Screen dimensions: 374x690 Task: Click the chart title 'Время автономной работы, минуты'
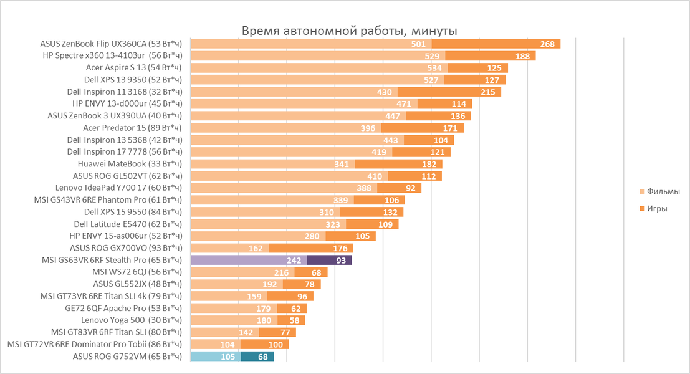[x=350, y=31]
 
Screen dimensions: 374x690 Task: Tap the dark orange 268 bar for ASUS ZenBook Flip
[x=496, y=44]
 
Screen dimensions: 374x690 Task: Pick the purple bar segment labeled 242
[x=249, y=261]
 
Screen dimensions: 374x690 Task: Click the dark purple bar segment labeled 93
[x=330, y=261]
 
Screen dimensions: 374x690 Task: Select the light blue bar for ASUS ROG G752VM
[x=216, y=357]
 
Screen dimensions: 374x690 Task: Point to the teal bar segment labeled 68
[x=257, y=357]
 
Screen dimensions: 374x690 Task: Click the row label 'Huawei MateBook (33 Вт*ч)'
[x=130, y=164]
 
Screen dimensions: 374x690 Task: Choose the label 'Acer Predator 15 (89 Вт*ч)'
[x=133, y=128]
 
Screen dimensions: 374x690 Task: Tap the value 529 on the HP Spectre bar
[x=431, y=56]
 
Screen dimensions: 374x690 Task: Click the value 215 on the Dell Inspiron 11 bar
[x=488, y=92]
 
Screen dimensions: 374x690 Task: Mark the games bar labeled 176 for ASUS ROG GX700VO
[x=310, y=248]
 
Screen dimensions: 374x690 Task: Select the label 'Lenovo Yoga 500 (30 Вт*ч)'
[x=132, y=320]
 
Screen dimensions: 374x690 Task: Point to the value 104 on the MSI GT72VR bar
[x=228, y=345]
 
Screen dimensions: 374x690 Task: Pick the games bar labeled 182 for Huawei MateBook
[x=398, y=164]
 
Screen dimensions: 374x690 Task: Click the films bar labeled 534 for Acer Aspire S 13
[x=319, y=68]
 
